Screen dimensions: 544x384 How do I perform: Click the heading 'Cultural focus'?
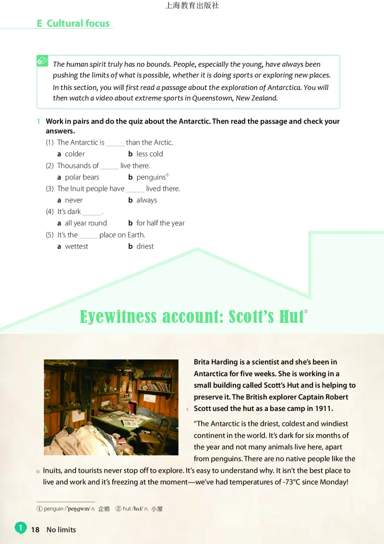[78, 23]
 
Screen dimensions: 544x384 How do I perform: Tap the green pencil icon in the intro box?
[43, 61]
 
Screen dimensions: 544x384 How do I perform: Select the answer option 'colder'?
[74, 154]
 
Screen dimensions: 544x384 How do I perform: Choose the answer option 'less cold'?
[149, 154]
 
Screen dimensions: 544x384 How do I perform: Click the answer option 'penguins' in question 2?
[151, 177]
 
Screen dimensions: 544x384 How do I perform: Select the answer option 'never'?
[73, 200]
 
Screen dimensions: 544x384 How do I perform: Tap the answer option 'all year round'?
[85, 223]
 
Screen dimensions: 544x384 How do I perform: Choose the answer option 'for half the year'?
[160, 223]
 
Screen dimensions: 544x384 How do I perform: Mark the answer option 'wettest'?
[76, 246]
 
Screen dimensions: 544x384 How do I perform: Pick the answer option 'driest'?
[145, 246]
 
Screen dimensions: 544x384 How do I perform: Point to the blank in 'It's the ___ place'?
[88, 236]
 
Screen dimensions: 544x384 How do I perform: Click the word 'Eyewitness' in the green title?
[118, 317]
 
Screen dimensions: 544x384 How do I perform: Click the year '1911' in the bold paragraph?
[324, 408]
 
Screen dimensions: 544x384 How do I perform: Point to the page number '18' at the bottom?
[35, 530]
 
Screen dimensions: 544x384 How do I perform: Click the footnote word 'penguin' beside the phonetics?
[53, 508]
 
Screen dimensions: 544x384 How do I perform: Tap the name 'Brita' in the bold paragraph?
[203, 362]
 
